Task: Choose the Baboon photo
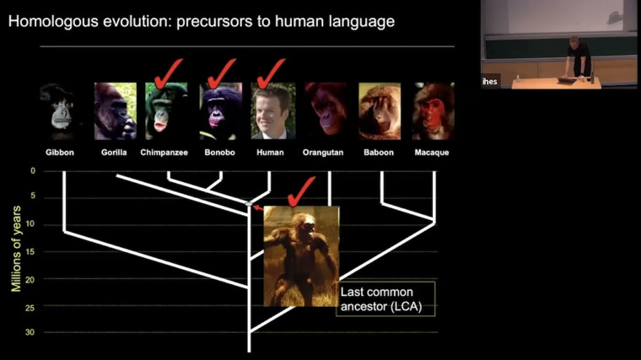380,110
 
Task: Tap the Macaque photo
433,110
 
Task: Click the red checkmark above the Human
272,73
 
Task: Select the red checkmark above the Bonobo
222,73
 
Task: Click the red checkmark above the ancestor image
300,191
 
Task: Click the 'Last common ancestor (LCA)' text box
385,298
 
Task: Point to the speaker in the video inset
578,55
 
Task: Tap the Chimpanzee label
168,153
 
